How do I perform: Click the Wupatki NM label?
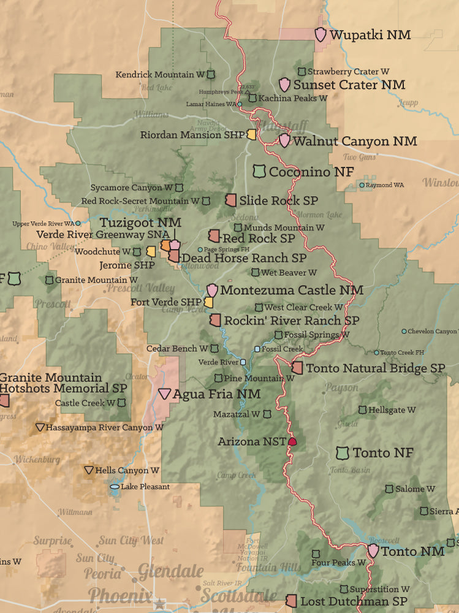coord(370,35)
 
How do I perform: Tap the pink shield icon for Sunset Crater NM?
coord(284,85)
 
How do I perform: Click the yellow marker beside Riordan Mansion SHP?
coord(251,134)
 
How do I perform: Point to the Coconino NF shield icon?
coord(259,172)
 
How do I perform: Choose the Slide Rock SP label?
coord(278,200)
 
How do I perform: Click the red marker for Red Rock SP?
coord(214,235)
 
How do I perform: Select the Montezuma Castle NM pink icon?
coord(212,290)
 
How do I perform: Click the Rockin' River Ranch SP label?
coord(291,320)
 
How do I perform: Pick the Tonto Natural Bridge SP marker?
coord(297,368)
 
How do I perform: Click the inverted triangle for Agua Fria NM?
coord(165,394)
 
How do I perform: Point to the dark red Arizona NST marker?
coord(292,441)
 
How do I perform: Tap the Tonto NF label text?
coord(383,453)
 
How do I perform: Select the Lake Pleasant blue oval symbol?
coord(115,487)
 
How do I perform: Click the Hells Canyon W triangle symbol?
coord(89,470)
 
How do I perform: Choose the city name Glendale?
coord(170,571)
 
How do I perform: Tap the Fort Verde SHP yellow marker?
coord(208,302)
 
